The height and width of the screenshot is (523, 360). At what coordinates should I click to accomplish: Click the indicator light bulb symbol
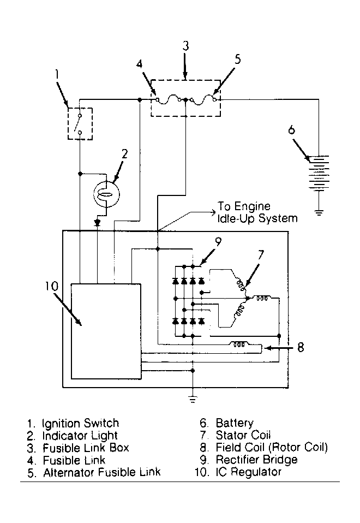point(106,195)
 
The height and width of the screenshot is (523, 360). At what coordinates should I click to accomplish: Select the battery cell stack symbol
point(319,174)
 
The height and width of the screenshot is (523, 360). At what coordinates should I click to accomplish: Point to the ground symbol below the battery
point(319,212)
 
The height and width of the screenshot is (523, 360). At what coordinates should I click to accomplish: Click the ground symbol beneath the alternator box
point(193,399)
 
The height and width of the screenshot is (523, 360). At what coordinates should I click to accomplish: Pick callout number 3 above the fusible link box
point(185,46)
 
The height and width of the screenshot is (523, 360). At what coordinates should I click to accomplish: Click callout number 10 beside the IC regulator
point(52,286)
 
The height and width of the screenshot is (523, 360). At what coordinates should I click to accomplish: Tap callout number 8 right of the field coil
point(301,348)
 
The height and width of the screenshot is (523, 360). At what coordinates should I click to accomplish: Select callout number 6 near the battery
point(292,130)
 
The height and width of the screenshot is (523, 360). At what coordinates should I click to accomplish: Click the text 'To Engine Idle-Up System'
point(257,212)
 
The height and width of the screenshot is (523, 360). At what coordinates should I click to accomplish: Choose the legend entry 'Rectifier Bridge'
point(257,460)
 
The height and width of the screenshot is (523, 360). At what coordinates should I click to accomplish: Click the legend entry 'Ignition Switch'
point(80,423)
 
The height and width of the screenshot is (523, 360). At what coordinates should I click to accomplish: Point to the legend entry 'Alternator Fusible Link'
point(102,472)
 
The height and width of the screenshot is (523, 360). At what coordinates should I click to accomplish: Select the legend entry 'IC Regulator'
point(249,472)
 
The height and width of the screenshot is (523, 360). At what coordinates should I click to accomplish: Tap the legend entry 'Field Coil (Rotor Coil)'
point(272,447)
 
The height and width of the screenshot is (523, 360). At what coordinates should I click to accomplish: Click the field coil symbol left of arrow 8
point(239,343)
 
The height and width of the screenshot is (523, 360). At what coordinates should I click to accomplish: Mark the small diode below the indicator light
point(97,222)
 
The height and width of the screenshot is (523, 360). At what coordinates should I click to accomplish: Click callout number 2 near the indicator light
point(125,154)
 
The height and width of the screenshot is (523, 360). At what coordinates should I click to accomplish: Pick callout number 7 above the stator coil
point(261,255)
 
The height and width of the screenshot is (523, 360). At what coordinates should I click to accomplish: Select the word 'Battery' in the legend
point(235,423)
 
